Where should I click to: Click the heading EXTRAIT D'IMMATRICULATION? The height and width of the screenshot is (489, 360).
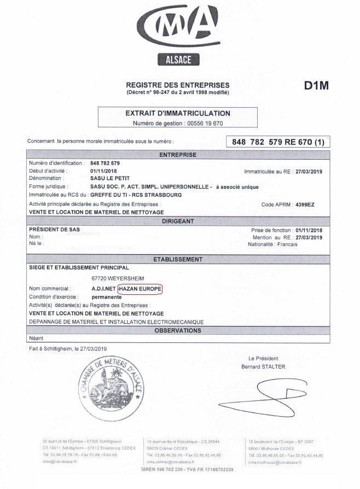click(x=178, y=113)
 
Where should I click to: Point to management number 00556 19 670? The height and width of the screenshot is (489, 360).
click(x=203, y=124)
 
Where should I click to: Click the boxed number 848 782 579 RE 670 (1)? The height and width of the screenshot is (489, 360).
click(x=278, y=142)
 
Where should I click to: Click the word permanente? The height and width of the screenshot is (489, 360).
click(x=106, y=296)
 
